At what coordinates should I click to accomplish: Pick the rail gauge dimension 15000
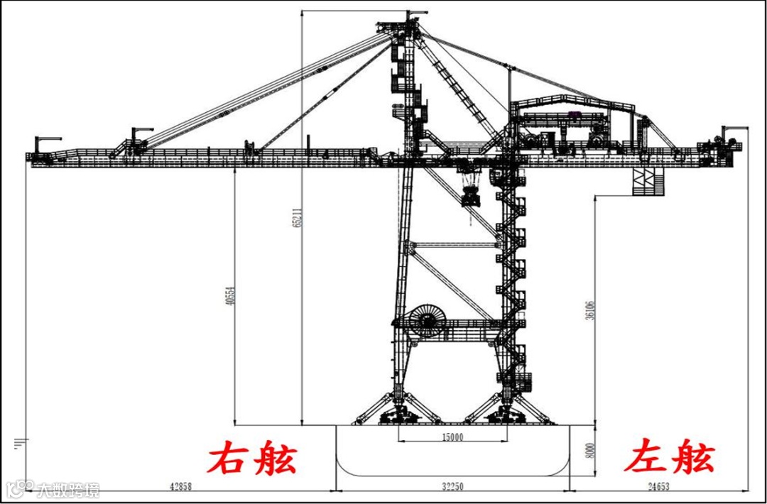452,437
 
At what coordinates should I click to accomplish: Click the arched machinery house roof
575,103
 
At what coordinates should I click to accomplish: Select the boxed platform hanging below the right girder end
646,181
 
